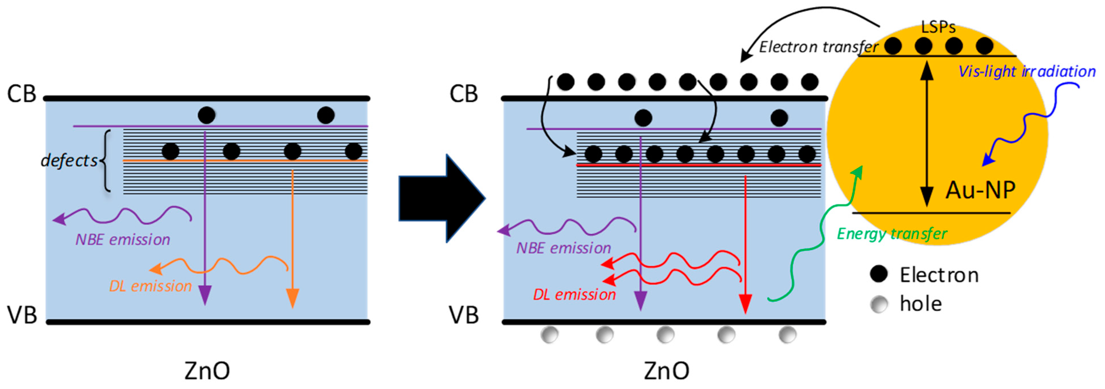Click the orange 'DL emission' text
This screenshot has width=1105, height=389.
150,286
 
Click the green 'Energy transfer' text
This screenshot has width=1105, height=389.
892,234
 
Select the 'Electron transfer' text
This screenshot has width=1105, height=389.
818,47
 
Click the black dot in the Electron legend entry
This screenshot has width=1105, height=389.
879,274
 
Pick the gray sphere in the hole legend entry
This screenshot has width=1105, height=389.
879,304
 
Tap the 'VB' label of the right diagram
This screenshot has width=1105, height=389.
464,316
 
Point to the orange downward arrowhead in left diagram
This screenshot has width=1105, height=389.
293,299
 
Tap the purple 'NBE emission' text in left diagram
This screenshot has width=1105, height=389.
123,240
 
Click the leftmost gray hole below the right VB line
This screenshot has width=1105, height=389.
549,335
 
